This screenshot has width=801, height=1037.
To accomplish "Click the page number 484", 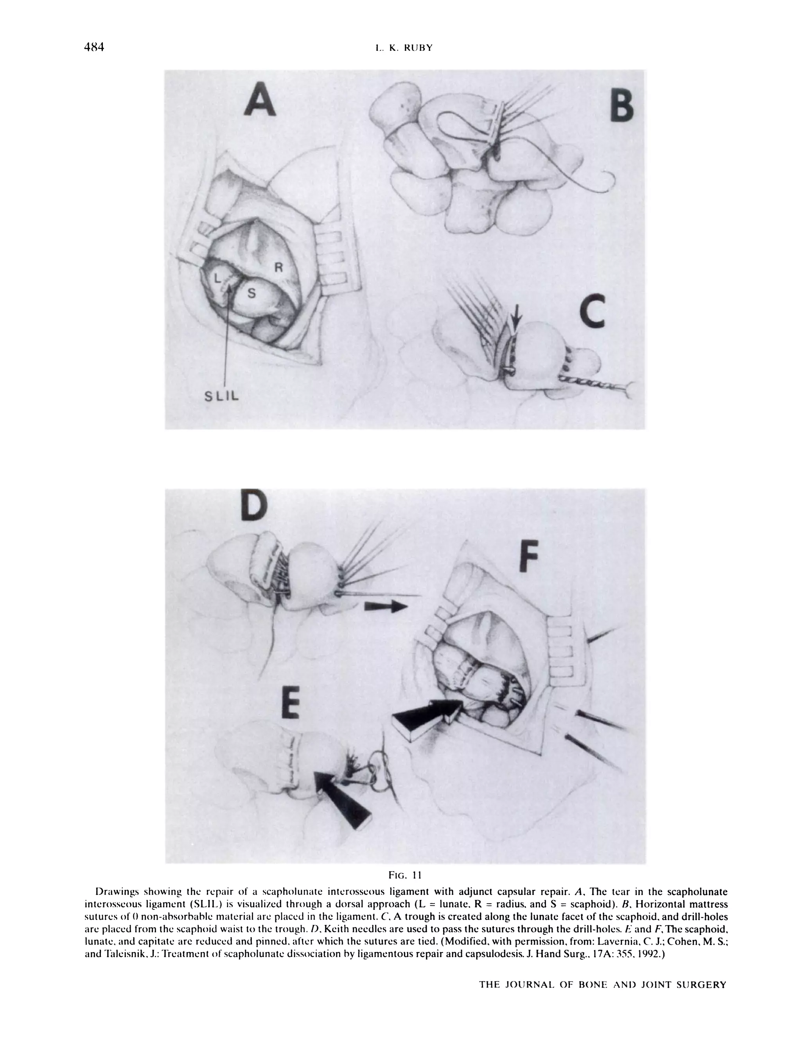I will pyautogui.click(x=94, y=47).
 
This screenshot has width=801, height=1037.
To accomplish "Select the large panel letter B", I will pyautogui.click(x=621, y=106).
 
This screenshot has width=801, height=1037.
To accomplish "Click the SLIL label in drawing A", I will pyautogui.click(x=222, y=396).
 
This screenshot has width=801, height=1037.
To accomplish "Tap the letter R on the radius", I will pyautogui.click(x=278, y=268).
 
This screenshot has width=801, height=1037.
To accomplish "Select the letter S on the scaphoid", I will pyautogui.click(x=251, y=294).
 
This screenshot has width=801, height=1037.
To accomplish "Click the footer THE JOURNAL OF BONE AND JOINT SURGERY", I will pyautogui.click(x=603, y=985).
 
